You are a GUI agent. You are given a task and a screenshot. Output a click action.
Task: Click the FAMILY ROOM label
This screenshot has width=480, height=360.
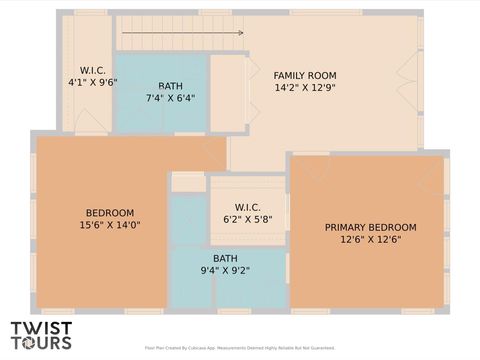coord(305,76)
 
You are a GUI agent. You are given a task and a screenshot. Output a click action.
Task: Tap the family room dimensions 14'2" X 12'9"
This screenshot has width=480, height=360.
coord(305,88)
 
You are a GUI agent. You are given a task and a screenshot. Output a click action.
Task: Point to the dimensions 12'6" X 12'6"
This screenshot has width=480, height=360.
coord(370,240)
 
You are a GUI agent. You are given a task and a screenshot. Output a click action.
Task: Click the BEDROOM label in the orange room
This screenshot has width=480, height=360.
coord(110,213)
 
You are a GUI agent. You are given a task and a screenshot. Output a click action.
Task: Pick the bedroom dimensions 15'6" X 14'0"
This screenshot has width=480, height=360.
coord(110,226)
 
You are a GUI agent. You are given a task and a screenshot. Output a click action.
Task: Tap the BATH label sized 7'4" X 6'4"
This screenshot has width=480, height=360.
coord(170,86)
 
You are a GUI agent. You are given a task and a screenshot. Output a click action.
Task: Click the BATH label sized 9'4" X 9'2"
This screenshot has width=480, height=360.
coord(225,258)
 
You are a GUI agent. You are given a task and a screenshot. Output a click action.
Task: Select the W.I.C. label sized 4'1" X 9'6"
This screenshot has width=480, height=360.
coord(93,71)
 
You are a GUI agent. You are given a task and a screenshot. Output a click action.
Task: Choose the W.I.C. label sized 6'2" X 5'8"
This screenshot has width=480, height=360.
coord(247,207)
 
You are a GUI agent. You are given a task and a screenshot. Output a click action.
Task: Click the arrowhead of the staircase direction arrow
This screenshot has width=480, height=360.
coord(240,33)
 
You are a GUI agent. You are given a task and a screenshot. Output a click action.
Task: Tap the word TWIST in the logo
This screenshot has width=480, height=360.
coord(41,327)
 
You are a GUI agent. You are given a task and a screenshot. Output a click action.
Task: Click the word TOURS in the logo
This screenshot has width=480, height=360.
coord(41,342)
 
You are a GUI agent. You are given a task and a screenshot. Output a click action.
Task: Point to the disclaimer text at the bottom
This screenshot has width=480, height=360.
coord(240,349)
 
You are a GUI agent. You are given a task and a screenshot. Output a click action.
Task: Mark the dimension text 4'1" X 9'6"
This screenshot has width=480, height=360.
coord(93,83)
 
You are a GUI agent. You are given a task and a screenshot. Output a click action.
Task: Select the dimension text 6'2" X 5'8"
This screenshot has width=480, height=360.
coord(247,219)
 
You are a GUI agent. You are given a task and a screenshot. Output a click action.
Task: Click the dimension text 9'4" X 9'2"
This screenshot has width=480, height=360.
coord(225,270)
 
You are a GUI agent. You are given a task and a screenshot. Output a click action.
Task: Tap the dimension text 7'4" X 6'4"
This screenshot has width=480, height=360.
coord(170,99)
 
